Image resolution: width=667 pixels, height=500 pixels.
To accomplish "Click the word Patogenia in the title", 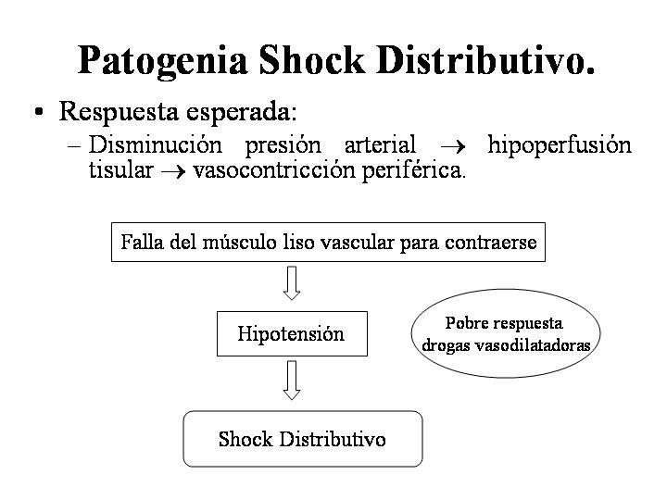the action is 163,61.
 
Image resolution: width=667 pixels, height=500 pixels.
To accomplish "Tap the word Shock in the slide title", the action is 312,60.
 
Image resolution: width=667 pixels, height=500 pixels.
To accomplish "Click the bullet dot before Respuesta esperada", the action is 39,112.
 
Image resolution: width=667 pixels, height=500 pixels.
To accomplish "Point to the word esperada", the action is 241,112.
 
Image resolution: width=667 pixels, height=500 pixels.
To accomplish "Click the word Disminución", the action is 156,144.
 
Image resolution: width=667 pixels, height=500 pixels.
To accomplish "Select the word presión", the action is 283,146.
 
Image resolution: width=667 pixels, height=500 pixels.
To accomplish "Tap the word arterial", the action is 380,144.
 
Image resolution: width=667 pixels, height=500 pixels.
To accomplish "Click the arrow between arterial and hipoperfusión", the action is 453,147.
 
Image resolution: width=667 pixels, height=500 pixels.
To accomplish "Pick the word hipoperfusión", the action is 560,146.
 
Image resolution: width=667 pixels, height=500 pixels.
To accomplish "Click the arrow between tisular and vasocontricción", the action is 173,172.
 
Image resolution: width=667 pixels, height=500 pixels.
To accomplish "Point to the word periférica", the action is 413,171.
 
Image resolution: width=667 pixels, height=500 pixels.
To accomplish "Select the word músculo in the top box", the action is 240,243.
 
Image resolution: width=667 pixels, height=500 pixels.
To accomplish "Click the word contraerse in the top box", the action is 490,243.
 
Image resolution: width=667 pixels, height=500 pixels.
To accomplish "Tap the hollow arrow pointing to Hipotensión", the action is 292,282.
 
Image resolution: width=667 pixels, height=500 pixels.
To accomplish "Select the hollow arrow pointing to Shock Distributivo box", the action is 292,381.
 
